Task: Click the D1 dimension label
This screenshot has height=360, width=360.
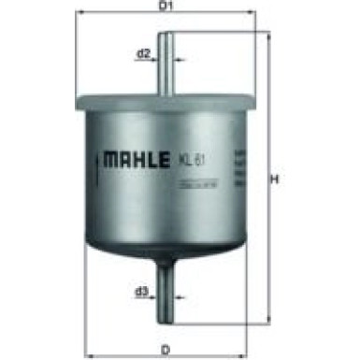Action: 167,8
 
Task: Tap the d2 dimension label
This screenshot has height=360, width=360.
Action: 144,53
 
